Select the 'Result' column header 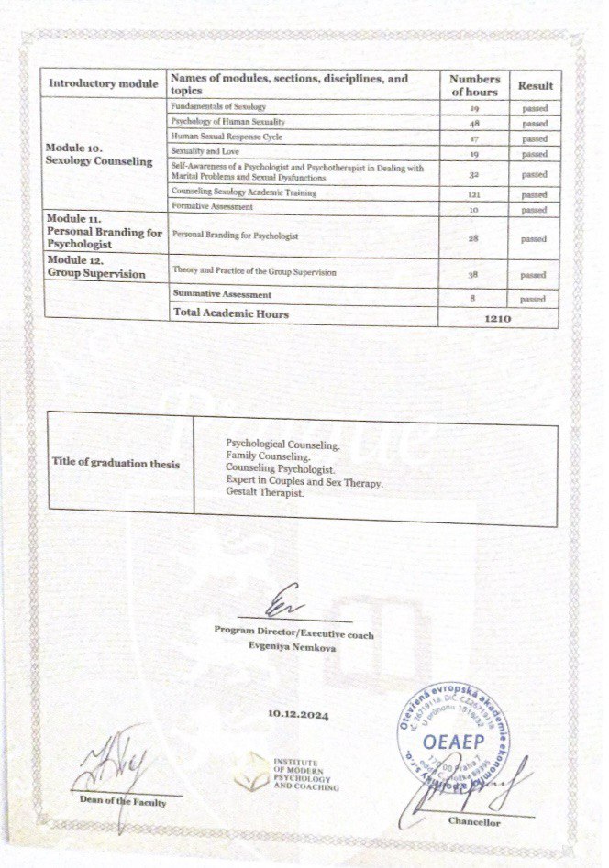[536, 85]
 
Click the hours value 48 [475, 123]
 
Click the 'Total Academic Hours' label [230, 314]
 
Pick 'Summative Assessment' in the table [222, 295]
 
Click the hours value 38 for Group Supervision [475, 274]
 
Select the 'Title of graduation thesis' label [116, 464]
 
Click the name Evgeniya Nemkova [294, 646]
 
